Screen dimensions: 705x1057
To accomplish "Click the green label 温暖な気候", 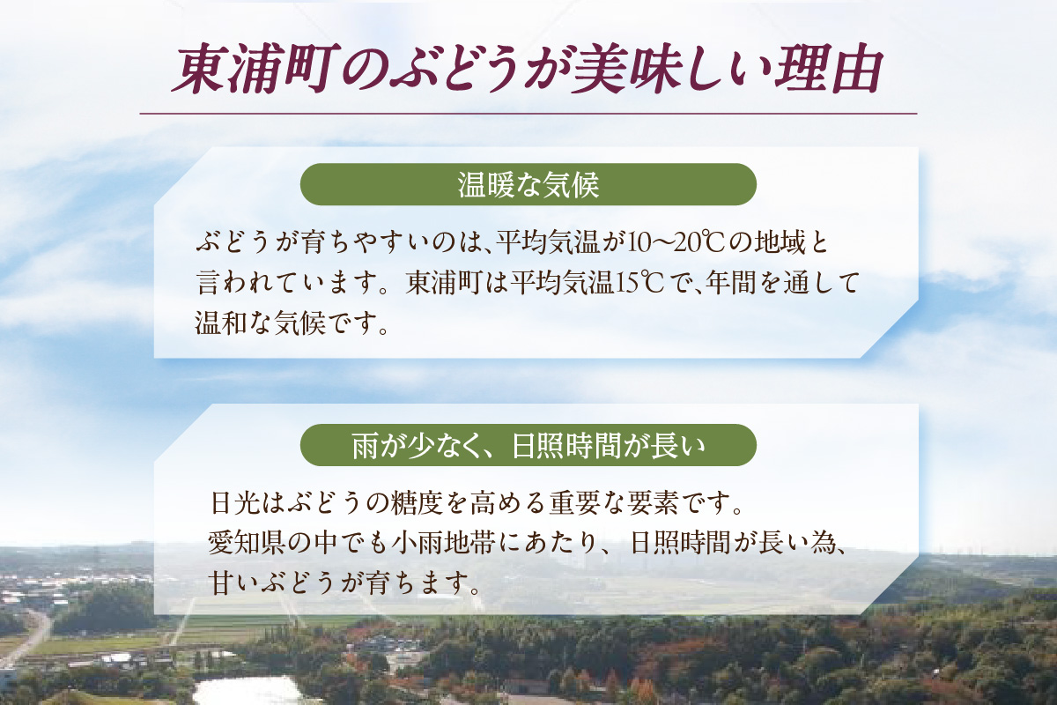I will tap(528, 185).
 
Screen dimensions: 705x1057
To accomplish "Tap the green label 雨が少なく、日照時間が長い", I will tap(528, 446).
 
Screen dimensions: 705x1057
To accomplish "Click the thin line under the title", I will tap(528, 114).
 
